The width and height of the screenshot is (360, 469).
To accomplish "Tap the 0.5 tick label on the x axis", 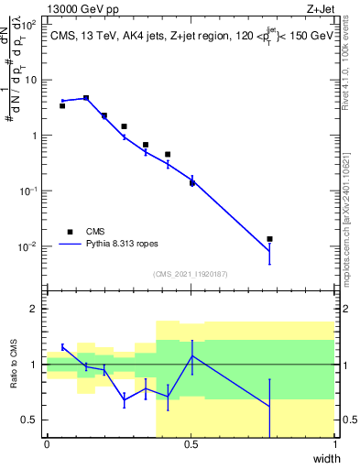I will (x=191, y=444).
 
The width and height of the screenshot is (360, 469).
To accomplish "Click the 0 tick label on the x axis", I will (x=47, y=444).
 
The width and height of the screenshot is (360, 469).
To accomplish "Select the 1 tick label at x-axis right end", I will (x=334, y=444).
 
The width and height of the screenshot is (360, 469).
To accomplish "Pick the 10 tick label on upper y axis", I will (x=29, y=80).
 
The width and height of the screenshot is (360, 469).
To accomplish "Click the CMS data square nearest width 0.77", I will (x=269, y=239).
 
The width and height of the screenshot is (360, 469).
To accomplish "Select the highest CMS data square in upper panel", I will (x=86, y=98).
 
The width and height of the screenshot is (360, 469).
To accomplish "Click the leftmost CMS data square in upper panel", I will (x=62, y=106).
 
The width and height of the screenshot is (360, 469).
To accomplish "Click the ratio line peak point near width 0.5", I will (x=192, y=355).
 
